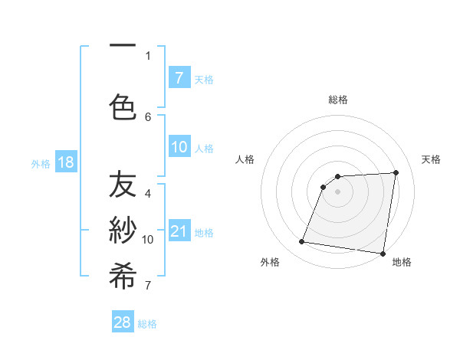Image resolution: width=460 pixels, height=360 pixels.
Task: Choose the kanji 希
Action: (x=123, y=277)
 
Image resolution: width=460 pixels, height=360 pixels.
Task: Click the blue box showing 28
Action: (x=123, y=322)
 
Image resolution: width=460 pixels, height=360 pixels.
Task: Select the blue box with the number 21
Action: (x=179, y=231)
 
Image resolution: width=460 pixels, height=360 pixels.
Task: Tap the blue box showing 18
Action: (x=65, y=162)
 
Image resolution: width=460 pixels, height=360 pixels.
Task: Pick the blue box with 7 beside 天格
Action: (x=179, y=77)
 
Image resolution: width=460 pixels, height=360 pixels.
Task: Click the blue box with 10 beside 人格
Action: (x=179, y=147)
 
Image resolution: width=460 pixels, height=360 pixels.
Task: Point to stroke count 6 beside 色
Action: (x=148, y=116)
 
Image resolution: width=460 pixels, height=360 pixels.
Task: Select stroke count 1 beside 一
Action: (x=148, y=55)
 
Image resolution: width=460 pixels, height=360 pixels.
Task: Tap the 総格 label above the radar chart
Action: (x=338, y=100)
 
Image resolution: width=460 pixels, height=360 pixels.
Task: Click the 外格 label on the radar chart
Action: (x=270, y=262)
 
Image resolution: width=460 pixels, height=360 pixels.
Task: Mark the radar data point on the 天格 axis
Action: (x=396, y=173)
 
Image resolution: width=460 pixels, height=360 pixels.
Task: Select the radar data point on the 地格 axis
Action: (x=383, y=253)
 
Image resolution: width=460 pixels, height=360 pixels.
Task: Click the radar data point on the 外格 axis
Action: (x=302, y=242)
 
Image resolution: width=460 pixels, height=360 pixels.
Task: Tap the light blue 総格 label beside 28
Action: (x=147, y=324)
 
